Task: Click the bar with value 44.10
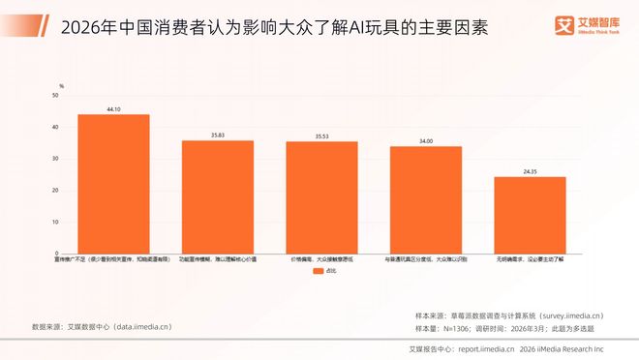click(113, 184)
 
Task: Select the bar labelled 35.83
click(218, 197)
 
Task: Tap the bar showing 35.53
click(321, 197)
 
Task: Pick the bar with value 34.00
click(426, 200)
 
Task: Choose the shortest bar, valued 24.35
click(530, 215)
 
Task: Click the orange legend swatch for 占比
click(316, 273)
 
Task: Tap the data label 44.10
click(113, 109)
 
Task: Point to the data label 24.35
click(530, 171)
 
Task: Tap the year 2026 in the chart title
click(81, 28)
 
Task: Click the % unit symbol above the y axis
click(61, 86)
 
